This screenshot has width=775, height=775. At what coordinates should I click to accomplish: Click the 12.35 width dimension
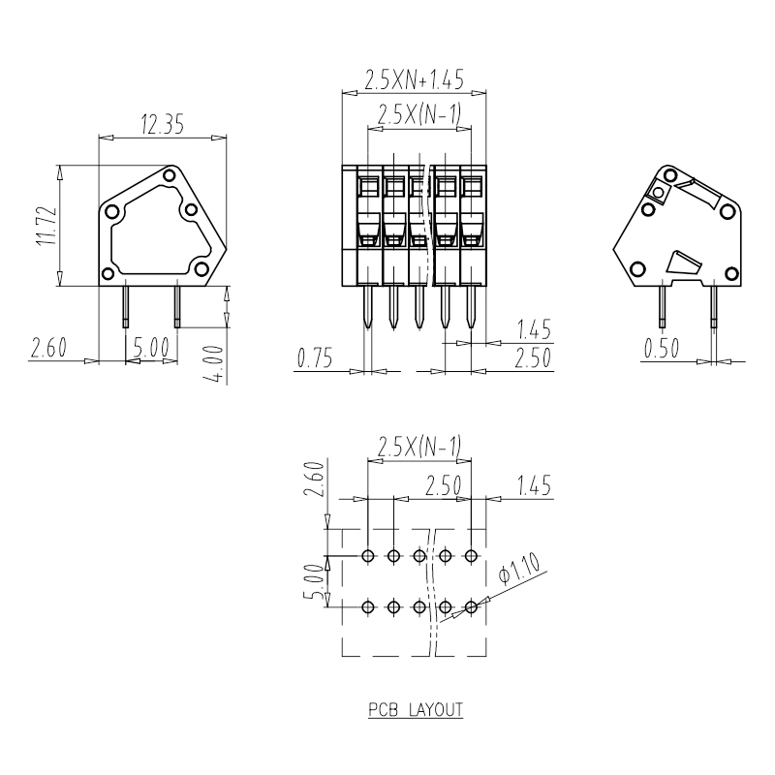[x=162, y=124]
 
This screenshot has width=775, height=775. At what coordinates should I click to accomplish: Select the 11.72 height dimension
[x=46, y=226]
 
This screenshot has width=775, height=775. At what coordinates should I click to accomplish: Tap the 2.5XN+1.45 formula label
[x=415, y=79]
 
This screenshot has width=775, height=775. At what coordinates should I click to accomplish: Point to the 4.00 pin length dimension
[x=215, y=365]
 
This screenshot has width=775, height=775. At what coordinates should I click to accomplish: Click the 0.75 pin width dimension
[x=315, y=357]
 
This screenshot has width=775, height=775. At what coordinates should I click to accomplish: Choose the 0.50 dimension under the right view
[x=662, y=349]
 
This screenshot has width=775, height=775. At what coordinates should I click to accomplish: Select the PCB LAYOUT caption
[x=416, y=710]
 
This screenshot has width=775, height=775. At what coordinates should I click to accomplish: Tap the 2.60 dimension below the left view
[x=48, y=348]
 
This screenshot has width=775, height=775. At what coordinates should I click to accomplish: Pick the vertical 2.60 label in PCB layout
[x=314, y=479]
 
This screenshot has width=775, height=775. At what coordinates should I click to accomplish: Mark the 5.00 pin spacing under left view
[x=152, y=348]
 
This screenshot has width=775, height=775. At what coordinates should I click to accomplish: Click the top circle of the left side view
[x=170, y=175]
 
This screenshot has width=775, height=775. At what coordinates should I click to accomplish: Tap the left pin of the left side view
[x=126, y=306]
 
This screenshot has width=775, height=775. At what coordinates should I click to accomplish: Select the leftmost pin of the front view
[x=367, y=306]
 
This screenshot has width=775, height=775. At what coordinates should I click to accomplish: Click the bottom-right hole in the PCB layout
[x=471, y=606]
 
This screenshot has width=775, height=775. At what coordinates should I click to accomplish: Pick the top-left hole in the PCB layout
[x=367, y=555]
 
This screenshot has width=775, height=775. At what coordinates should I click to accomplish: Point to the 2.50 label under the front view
[x=532, y=357]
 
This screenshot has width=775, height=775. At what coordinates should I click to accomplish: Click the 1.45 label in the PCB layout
[x=534, y=485]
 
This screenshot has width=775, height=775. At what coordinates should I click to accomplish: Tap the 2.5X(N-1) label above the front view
[x=418, y=114]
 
